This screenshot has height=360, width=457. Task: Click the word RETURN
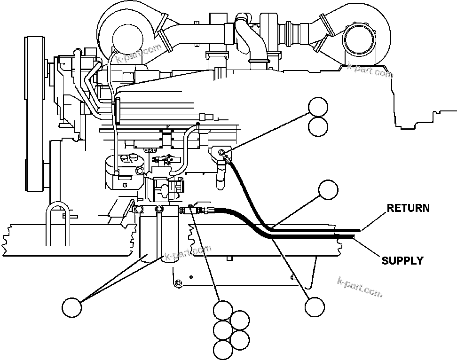408,208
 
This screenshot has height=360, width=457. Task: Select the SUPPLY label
402,260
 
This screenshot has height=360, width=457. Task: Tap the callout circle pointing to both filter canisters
72,307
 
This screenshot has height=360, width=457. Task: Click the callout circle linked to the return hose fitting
318,107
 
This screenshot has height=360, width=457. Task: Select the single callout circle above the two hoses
328,190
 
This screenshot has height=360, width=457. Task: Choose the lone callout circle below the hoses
314,307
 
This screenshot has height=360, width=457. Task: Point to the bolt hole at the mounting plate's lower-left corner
178,283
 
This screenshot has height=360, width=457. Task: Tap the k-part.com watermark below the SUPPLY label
360,287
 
